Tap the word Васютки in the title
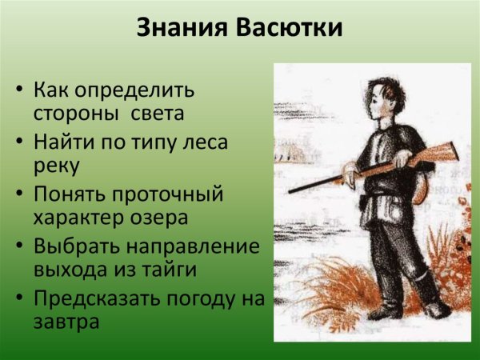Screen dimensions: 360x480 [x=290, y=30]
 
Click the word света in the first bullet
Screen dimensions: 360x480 [x=158, y=113]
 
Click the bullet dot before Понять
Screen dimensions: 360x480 [x=19, y=194]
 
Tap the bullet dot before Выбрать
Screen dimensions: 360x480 [x=19, y=246]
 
